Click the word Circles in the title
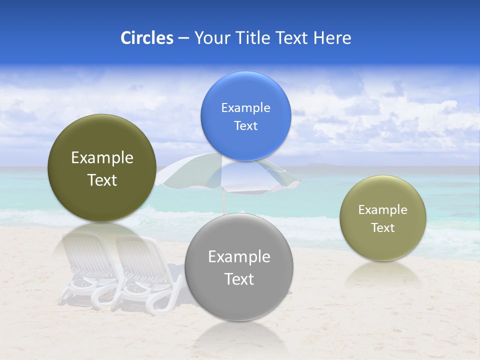click(146, 38)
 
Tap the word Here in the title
click(332, 38)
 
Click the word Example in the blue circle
click(245, 108)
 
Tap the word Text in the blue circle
click(245, 126)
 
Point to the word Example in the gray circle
click(239, 257)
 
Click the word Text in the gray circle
click(239, 279)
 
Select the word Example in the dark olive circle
click(102, 158)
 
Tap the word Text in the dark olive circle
click(102, 180)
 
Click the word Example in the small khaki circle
click(383, 210)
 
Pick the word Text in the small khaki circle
click(383, 228)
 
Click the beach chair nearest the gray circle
click(145, 272)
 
